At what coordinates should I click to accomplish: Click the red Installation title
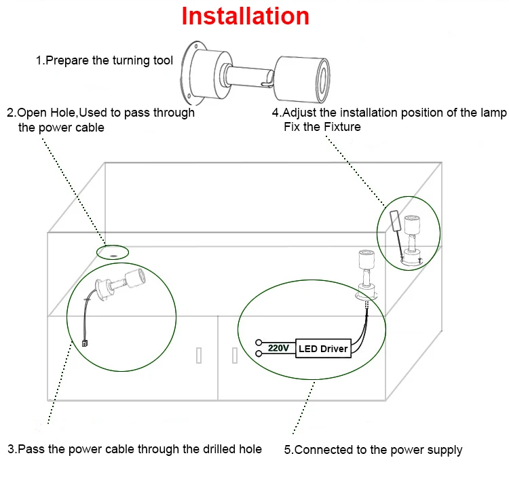click(245, 16)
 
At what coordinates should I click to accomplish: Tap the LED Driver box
click(323, 349)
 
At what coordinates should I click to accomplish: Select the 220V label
click(278, 348)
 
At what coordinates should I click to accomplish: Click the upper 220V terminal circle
click(259, 342)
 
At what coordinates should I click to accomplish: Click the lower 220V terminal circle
click(259, 353)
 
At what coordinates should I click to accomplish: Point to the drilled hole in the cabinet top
click(113, 256)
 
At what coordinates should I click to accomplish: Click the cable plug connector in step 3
click(85, 343)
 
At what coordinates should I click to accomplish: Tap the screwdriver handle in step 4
click(395, 221)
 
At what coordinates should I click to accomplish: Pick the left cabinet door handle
click(199, 356)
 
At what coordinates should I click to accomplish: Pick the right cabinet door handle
click(235, 356)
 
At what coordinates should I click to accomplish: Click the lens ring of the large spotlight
click(323, 81)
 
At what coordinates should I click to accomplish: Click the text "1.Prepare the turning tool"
click(105, 60)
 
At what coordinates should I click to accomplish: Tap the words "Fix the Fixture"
click(322, 126)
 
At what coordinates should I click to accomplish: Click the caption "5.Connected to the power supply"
click(373, 450)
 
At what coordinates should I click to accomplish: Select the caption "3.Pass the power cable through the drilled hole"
click(135, 449)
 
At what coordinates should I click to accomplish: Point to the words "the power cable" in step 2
click(61, 128)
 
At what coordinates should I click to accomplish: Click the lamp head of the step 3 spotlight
click(135, 278)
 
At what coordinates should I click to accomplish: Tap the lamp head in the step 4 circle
click(412, 224)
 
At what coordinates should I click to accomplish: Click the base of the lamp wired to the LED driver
click(366, 292)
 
